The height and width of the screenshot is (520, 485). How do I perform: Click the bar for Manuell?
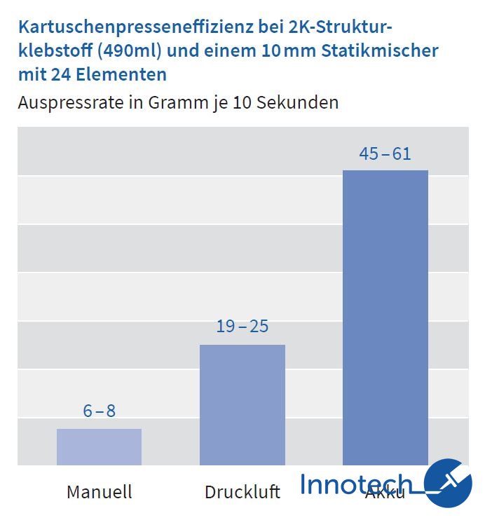pyautogui.click(x=99, y=447)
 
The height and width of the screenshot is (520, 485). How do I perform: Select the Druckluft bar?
pyautogui.click(x=242, y=404)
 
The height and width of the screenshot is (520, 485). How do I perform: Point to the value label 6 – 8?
pyautogui.click(x=99, y=411)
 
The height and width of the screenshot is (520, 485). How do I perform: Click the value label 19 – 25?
pyautogui.click(x=242, y=327)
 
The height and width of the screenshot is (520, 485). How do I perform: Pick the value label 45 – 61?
pyautogui.click(x=385, y=153)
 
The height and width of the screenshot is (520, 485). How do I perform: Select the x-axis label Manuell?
pyautogui.click(x=99, y=491)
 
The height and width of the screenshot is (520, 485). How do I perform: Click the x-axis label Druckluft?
pyautogui.click(x=242, y=491)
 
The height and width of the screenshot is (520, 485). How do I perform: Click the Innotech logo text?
pyautogui.click(x=356, y=484)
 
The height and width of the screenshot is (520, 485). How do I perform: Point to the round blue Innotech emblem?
pyautogui.click(x=448, y=483)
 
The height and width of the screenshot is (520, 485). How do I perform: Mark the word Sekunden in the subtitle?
pyautogui.click(x=298, y=102)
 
